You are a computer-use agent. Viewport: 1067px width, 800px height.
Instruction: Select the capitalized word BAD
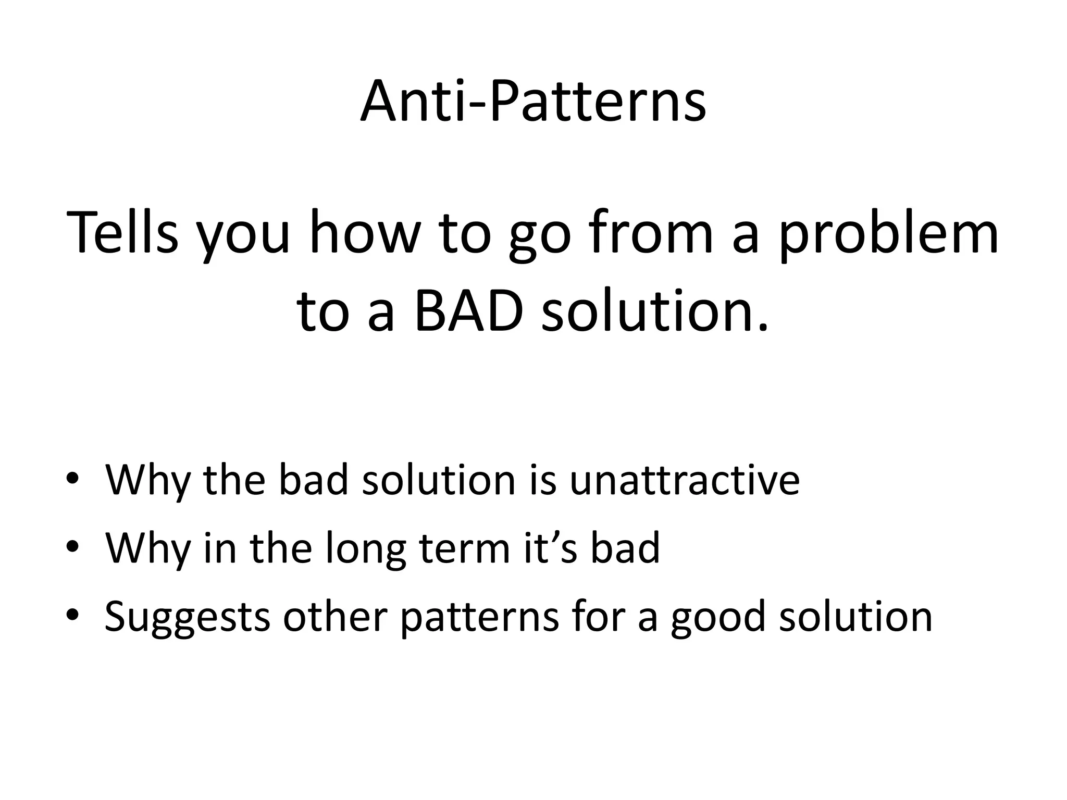pos(469,312)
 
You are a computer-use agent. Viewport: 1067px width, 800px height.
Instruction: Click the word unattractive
pos(684,479)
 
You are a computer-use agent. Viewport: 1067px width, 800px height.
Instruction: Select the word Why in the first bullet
pos(148,480)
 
